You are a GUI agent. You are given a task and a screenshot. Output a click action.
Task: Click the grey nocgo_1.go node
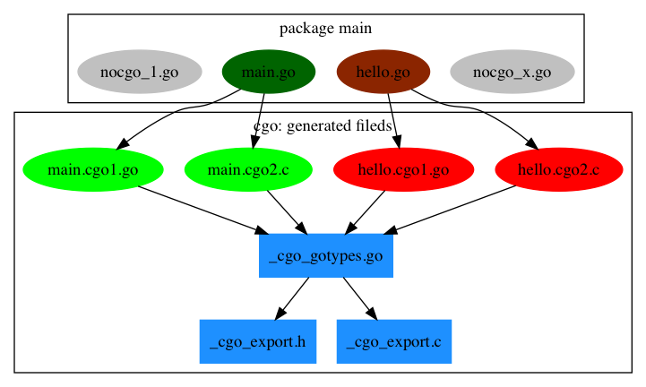pos(125,73)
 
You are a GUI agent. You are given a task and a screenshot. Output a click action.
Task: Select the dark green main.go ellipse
pos(268,73)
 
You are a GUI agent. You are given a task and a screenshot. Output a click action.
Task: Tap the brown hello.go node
pos(383,73)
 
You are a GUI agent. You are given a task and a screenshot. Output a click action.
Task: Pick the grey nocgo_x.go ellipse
pos(512,73)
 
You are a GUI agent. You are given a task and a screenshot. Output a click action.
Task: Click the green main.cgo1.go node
pos(92,169)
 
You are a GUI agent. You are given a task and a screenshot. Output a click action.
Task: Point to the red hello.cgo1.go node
pos(402,169)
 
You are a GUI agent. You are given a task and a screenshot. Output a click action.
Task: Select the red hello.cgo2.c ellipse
pos(558,169)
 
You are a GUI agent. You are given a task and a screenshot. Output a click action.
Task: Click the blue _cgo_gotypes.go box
pos(326,256)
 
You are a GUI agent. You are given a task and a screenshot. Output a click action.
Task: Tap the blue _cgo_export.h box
pos(257,342)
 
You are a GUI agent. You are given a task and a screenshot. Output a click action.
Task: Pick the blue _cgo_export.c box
pos(393,342)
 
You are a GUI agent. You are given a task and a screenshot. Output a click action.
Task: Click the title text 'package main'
pos(325,29)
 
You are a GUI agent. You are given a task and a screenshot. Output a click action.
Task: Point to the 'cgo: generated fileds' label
pos(323,126)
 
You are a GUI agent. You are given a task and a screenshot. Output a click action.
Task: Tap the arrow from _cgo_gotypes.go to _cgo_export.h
pos(292,299)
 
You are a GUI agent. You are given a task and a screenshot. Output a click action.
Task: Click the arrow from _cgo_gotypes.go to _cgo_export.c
pos(359,299)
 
